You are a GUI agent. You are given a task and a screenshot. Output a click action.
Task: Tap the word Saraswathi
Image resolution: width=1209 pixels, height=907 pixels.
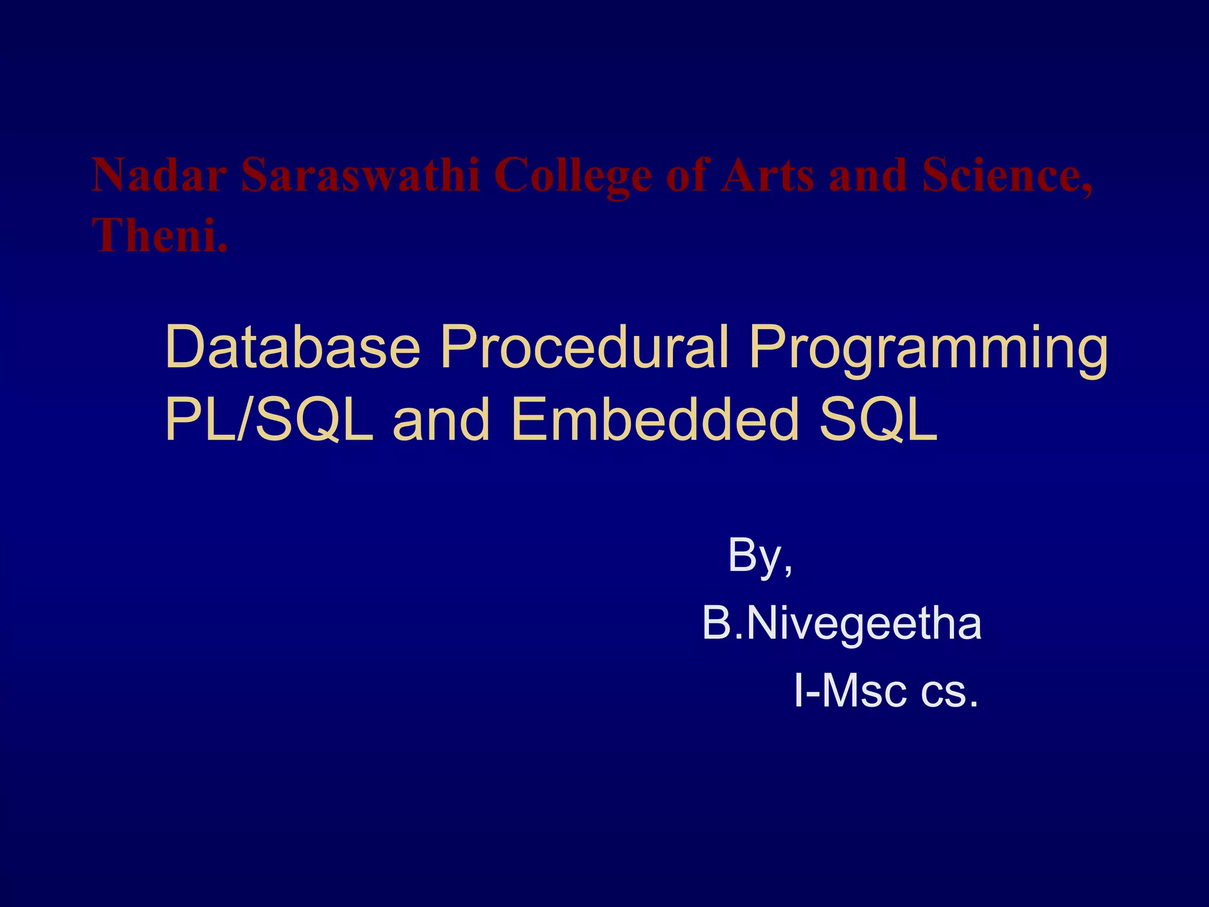360,175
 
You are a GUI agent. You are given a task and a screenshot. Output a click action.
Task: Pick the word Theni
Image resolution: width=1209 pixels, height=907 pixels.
159,235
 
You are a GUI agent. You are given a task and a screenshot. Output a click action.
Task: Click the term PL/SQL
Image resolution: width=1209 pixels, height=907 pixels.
269,419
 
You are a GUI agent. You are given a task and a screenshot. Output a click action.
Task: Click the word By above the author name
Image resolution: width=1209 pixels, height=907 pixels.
756,556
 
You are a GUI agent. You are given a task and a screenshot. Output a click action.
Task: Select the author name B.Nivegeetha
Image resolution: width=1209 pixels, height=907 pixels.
841,624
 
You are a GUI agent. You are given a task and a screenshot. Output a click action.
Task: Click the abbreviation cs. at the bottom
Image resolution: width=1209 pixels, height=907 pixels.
948,692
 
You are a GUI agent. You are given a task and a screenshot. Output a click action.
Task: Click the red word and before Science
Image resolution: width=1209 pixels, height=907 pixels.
867,175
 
